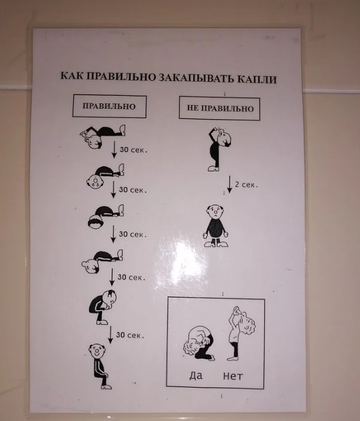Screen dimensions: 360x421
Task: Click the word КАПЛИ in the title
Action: [x=256, y=79]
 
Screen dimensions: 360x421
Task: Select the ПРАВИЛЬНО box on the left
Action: [x=109, y=106]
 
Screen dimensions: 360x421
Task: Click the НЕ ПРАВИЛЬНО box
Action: [x=220, y=108]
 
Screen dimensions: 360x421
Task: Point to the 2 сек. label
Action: [x=246, y=185]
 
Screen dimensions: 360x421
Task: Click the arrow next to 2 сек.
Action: [x=230, y=185]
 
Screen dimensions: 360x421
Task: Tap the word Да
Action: [x=196, y=375]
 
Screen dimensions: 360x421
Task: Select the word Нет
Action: [x=233, y=376]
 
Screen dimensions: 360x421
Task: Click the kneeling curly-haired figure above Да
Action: [x=199, y=343]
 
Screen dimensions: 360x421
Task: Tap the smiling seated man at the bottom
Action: [x=100, y=366]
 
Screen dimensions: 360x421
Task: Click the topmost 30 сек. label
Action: [x=133, y=149]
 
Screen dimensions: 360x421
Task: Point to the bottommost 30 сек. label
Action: [x=130, y=335]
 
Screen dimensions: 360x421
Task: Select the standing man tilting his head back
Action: [x=219, y=149]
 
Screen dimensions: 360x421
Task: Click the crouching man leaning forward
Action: [x=103, y=307]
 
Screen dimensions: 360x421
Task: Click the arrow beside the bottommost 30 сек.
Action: [x=110, y=335]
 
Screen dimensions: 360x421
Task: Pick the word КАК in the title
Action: [x=71, y=76]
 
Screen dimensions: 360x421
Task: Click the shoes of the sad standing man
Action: [x=216, y=244]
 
